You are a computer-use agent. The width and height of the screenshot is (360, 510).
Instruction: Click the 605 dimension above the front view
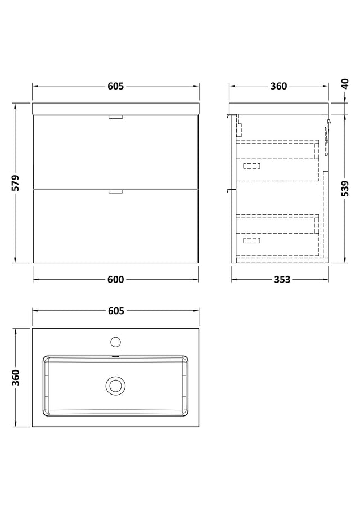click(116, 86)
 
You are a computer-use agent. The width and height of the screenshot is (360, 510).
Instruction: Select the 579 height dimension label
click(16, 183)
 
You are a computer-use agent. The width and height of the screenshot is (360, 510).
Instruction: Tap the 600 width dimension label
click(116, 279)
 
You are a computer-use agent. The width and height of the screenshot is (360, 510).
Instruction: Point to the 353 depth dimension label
click(282, 279)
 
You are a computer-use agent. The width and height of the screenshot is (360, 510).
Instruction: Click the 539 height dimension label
click(345, 189)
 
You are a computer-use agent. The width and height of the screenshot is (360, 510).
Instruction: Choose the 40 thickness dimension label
click(345, 83)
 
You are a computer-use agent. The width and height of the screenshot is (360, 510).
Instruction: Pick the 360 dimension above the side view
click(279, 86)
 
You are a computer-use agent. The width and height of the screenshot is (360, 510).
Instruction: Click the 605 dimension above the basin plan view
click(116, 311)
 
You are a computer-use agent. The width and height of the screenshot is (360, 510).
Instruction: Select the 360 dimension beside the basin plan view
click(16, 377)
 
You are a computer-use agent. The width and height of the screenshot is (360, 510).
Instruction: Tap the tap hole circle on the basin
click(115, 342)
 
